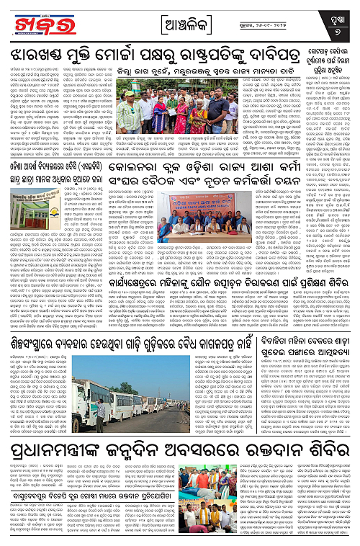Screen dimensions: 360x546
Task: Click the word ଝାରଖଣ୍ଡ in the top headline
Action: [x=44, y=55]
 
